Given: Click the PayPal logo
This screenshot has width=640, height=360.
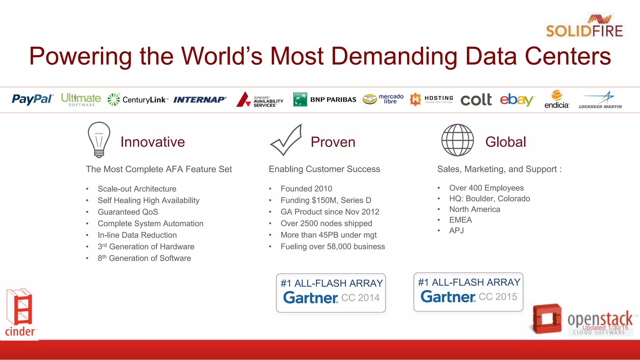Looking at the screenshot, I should (x=32, y=99).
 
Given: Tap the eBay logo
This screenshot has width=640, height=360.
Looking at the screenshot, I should (x=517, y=99).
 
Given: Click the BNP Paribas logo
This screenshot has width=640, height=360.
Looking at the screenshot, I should (x=325, y=99).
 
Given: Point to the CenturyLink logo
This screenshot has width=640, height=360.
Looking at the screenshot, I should (x=138, y=100).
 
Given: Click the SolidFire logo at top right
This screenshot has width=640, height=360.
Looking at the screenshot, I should (x=584, y=27).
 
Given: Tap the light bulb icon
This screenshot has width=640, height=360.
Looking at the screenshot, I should (x=99, y=139).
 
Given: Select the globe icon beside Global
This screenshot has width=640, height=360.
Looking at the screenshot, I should (x=457, y=140).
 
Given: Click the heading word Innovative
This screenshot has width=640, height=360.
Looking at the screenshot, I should (x=152, y=142).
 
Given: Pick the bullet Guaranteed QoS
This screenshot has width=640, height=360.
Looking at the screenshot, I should (x=128, y=212).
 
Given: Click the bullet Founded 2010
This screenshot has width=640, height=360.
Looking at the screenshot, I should (x=306, y=189).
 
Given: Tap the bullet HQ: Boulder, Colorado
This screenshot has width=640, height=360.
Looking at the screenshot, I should (x=489, y=199).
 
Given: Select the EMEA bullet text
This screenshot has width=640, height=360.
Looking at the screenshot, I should (x=460, y=220).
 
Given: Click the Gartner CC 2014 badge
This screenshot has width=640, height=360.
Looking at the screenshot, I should (x=331, y=293).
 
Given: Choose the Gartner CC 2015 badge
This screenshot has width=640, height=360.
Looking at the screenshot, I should (x=468, y=292).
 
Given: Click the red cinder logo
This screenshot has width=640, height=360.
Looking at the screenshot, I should (x=20, y=312).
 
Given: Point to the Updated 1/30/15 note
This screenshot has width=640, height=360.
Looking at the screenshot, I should (x=605, y=327).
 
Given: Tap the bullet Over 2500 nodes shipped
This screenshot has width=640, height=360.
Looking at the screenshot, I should (x=326, y=223).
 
